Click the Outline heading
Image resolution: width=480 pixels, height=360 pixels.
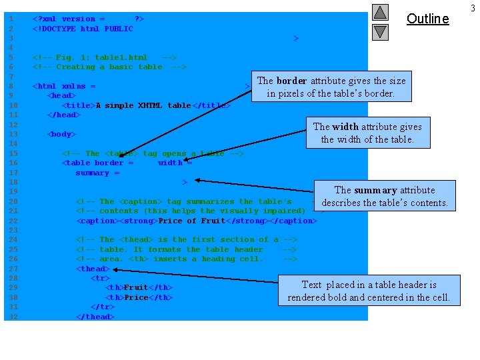(x=427, y=19)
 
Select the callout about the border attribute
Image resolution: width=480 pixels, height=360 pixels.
(x=331, y=87)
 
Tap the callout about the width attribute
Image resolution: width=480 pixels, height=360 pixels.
(x=367, y=133)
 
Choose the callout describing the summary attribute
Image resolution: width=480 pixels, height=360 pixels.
(x=385, y=196)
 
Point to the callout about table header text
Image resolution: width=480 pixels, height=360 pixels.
(x=369, y=291)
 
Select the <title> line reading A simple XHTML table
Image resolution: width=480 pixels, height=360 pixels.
(x=146, y=105)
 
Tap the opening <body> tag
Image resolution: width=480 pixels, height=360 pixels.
(x=61, y=134)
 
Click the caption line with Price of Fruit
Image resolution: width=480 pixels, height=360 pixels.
(x=197, y=221)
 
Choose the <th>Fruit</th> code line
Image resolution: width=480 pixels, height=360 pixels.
(x=139, y=288)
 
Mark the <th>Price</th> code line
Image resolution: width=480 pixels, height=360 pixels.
(x=139, y=297)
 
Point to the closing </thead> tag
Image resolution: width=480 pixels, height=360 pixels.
(x=95, y=317)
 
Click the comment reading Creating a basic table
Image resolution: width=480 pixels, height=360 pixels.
(x=109, y=67)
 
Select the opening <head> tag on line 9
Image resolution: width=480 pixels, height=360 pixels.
(x=61, y=95)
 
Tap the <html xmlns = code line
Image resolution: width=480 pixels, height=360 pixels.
(x=64, y=86)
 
